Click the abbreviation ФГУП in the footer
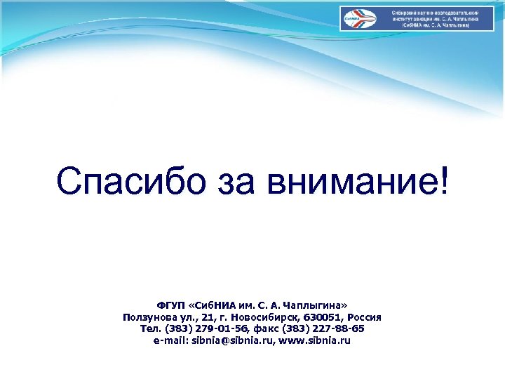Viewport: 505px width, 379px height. (170, 307)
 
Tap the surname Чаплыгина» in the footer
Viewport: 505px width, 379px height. (318, 307)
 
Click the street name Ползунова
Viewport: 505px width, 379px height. (150, 318)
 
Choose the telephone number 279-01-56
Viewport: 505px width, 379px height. (206, 329)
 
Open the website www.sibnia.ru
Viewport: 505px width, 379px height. (316, 340)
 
